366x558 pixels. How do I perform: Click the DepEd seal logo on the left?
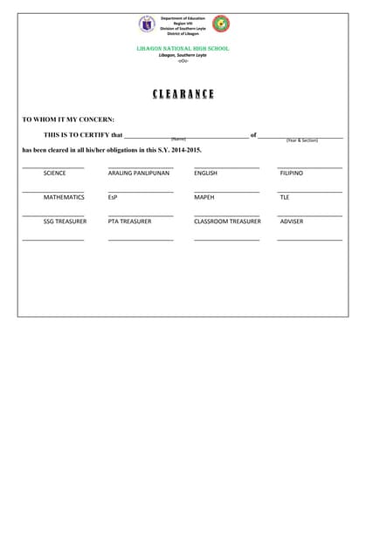tap(147, 24)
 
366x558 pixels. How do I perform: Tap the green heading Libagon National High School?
tap(183, 49)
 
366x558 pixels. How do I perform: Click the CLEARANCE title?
tap(183, 94)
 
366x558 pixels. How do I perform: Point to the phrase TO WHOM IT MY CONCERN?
tap(68, 119)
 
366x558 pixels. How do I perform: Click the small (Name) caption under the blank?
tap(178, 139)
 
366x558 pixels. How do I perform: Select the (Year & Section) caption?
tap(302, 140)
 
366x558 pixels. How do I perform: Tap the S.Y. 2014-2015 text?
tap(180, 150)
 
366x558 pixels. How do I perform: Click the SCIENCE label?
tap(54, 174)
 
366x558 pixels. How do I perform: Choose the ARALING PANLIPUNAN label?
tap(139, 174)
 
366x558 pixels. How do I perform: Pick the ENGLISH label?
tap(206, 174)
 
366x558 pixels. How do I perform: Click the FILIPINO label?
tap(292, 174)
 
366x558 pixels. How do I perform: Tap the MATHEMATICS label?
tap(64, 198)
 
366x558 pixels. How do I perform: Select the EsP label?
tap(113, 198)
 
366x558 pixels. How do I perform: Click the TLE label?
tap(285, 198)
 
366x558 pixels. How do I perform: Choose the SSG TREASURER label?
tap(65, 221)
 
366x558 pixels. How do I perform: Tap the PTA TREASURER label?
tap(130, 221)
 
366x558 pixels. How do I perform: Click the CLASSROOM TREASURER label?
tap(227, 221)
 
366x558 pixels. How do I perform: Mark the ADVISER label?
tap(292, 221)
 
